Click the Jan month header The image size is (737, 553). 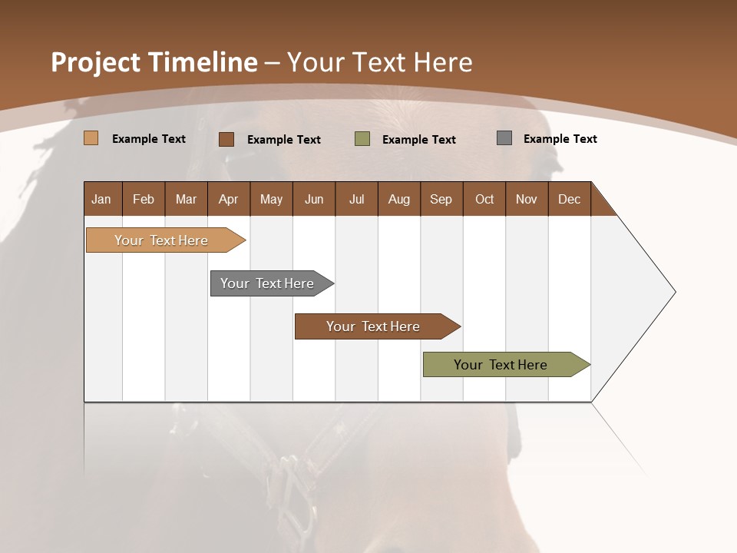click(x=102, y=199)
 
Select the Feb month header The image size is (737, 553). click(x=144, y=199)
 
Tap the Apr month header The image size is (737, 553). click(x=228, y=199)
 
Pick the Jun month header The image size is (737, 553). click(x=314, y=199)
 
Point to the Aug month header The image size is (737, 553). click(x=398, y=199)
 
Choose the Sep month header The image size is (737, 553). click(x=441, y=199)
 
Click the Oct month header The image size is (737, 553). click(x=484, y=199)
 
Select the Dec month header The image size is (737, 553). click(x=569, y=199)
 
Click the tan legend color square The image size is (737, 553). click(x=91, y=138)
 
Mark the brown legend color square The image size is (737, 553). click(x=226, y=139)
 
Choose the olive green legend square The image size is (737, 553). click(x=362, y=139)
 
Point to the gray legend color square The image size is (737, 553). click(x=504, y=138)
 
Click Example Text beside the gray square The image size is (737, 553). click(x=560, y=139)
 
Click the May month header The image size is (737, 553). click(x=271, y=199)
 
